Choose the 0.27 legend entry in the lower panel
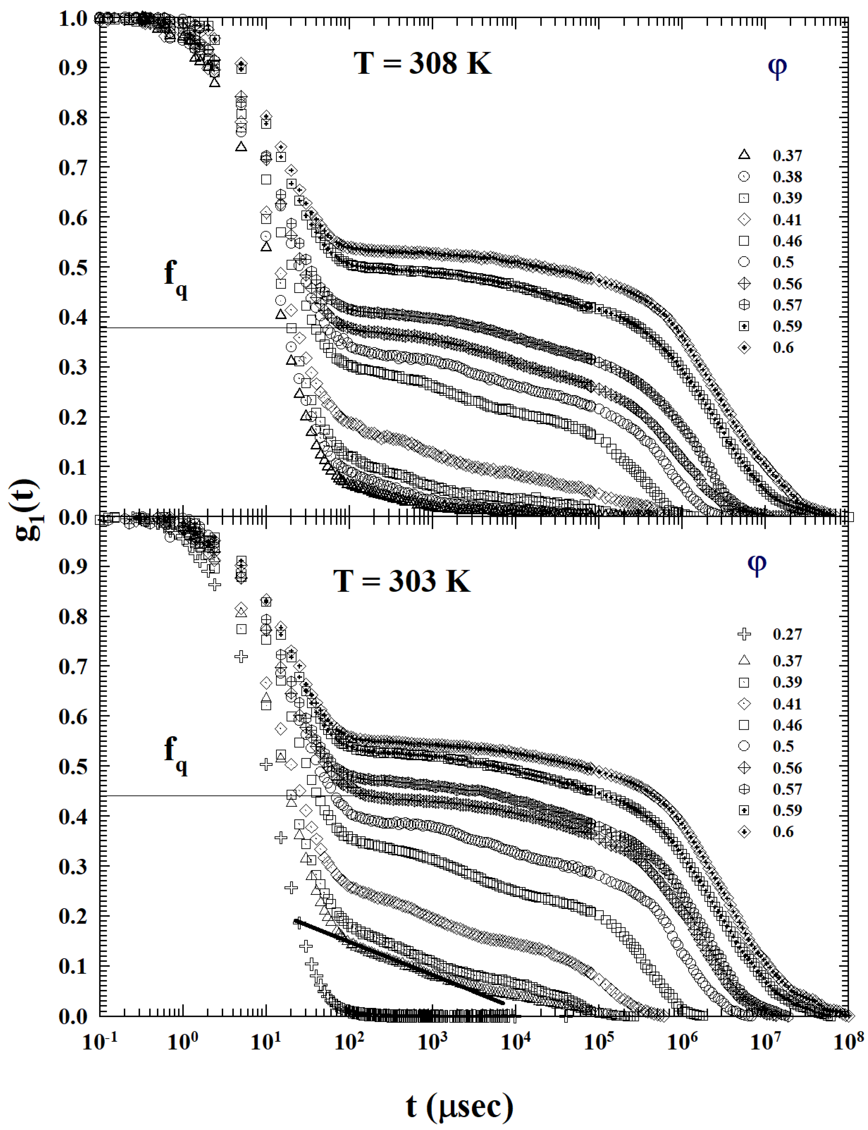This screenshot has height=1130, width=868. pyautogui.click(x=787, y=634)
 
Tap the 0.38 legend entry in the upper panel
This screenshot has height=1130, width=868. pyautogui.click(x=787, y=177)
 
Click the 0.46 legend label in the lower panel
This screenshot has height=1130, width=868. pyautogui.click(x=787, y=725)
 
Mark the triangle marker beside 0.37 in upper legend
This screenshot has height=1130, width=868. pyautogui.click(x=744, y=154)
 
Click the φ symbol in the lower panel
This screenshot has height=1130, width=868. pyautogui.click(x=757, y=564)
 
